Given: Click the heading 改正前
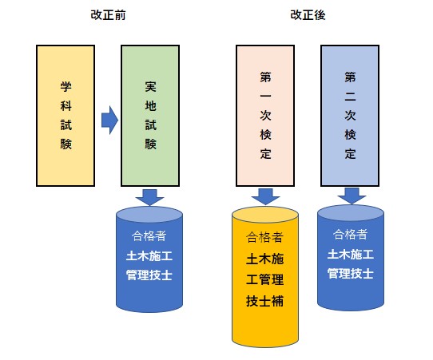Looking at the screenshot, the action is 108,15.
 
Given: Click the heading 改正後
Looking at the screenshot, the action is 308,15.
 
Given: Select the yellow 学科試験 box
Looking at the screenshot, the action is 66,116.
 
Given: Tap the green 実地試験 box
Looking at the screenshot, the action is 150,116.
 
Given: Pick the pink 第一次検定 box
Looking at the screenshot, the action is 265,116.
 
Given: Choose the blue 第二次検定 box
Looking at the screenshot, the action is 350,116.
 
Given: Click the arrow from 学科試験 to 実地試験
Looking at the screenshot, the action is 109,120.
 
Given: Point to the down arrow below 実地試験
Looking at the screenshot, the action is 149,197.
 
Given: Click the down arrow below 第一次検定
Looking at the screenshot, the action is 265,196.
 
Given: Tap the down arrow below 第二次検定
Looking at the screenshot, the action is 352,196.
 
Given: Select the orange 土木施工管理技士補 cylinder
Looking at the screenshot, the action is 265,277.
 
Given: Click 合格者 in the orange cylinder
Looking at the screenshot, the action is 264,237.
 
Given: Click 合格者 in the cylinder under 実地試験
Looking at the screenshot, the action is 149,235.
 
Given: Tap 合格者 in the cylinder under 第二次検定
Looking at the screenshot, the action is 350,234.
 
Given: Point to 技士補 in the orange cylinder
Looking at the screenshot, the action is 264,301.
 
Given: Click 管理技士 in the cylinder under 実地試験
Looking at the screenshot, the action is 149,275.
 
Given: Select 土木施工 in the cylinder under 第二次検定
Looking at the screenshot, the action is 351,254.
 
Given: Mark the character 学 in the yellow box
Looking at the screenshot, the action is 66,87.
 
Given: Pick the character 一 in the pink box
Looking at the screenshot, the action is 265,97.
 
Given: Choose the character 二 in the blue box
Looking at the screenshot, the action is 350,97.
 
